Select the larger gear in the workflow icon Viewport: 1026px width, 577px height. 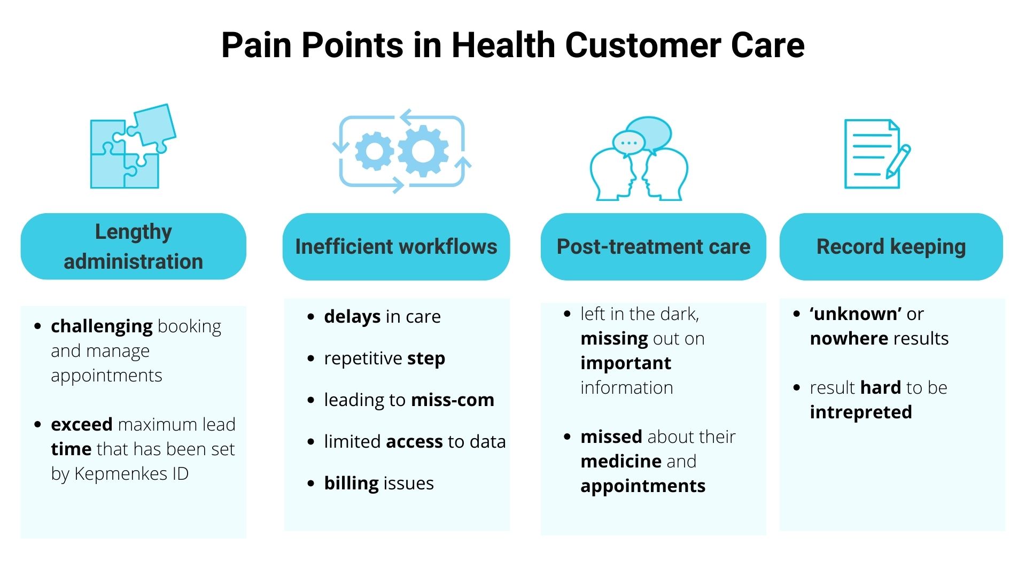pos(423,151)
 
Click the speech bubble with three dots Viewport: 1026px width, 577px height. pos(628,143)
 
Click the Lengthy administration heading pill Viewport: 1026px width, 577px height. pos(134,246)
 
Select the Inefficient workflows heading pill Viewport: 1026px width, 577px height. pos(396,247)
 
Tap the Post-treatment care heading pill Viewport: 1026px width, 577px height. pos(653,247)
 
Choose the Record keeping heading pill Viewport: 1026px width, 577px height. pos(891,247)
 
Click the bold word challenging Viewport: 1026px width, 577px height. pos(102,326)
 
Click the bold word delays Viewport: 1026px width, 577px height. pos(352,316)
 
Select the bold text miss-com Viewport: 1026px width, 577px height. pos(453,400)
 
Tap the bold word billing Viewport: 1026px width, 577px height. pos(351,483)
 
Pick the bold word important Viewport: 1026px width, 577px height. pos(625,363)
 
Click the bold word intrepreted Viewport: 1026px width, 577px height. pos(860,412)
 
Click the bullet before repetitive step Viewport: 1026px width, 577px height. pos(311,358)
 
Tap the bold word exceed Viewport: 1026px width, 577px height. pos(81,425)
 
